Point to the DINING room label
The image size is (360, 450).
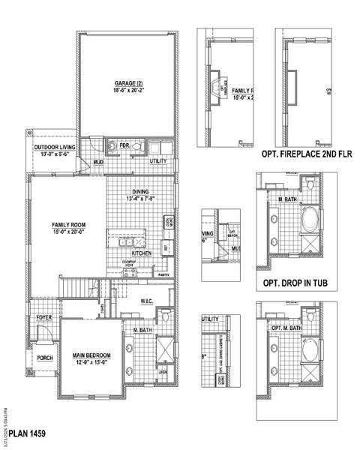tap(142, 191)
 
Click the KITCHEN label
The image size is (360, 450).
tap(142, 253)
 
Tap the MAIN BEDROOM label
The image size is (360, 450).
tap(92, 355)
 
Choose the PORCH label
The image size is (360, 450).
tap(43, 358)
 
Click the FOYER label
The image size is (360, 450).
tap(43, 317)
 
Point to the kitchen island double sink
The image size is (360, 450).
tap(124, 242)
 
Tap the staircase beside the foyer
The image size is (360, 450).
tap(77, 286)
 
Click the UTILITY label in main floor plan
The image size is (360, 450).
tap(158, 161)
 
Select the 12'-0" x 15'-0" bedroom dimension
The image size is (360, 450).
tap(92, 363)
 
